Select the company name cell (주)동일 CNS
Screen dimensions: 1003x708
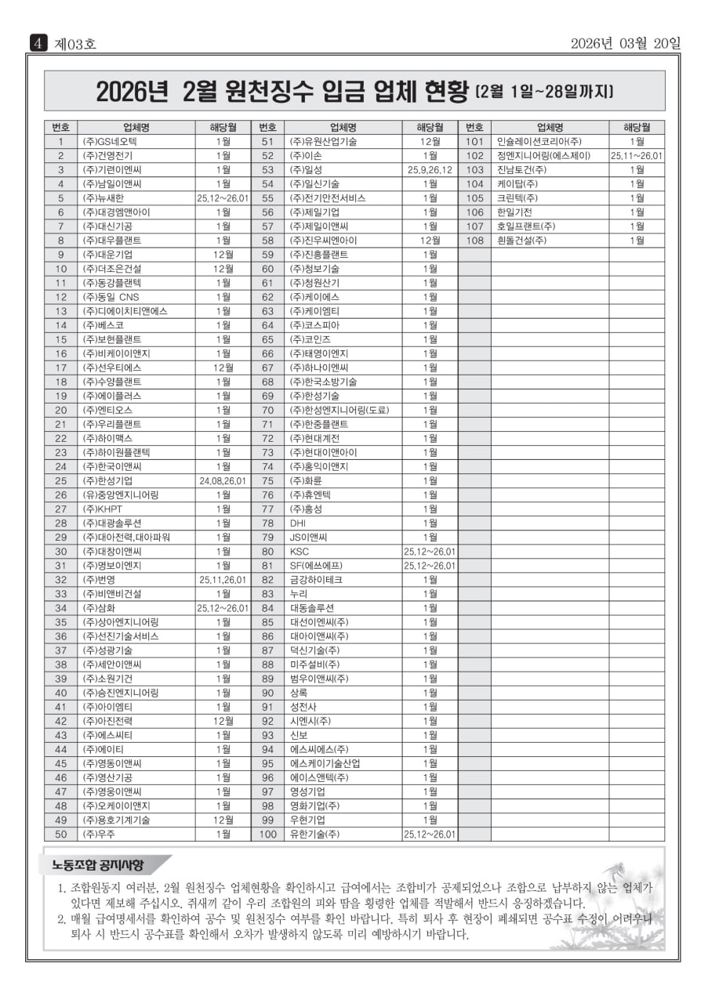pyautogui.click(x=111, y=297)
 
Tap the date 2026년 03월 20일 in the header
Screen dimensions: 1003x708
pyautogui.click(x=626, y=43)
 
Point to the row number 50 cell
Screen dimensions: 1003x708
pyautogui.click(x=60, y=835)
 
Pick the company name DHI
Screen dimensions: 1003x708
pyautogui.click(x=298, y=523)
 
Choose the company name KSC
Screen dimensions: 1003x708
pyautogui.click(x=300, y=552)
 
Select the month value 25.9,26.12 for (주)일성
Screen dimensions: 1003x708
pyautogui.click(x=430, y=170)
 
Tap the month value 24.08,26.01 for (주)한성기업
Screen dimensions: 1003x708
pyautogui.click(x=223, y=481)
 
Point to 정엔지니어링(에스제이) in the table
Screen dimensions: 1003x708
pyautogui.click(x=543, y=156)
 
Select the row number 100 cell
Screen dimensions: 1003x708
pyautogui.click(x=267, y=835)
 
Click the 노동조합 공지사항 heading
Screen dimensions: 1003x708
pyautogui.click(x=98, y=865)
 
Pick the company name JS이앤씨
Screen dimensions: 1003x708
pyautogui.click(x=308, y=538)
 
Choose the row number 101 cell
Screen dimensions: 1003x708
pyautogui.click(x=474, y=142)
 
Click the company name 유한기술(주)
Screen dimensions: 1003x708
pyautogui.click(x=315, y=835)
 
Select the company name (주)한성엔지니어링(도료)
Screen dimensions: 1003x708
pyautogui.click(x=339, y=410)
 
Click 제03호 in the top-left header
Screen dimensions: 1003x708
pyautogui.click(x=74, y=44)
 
